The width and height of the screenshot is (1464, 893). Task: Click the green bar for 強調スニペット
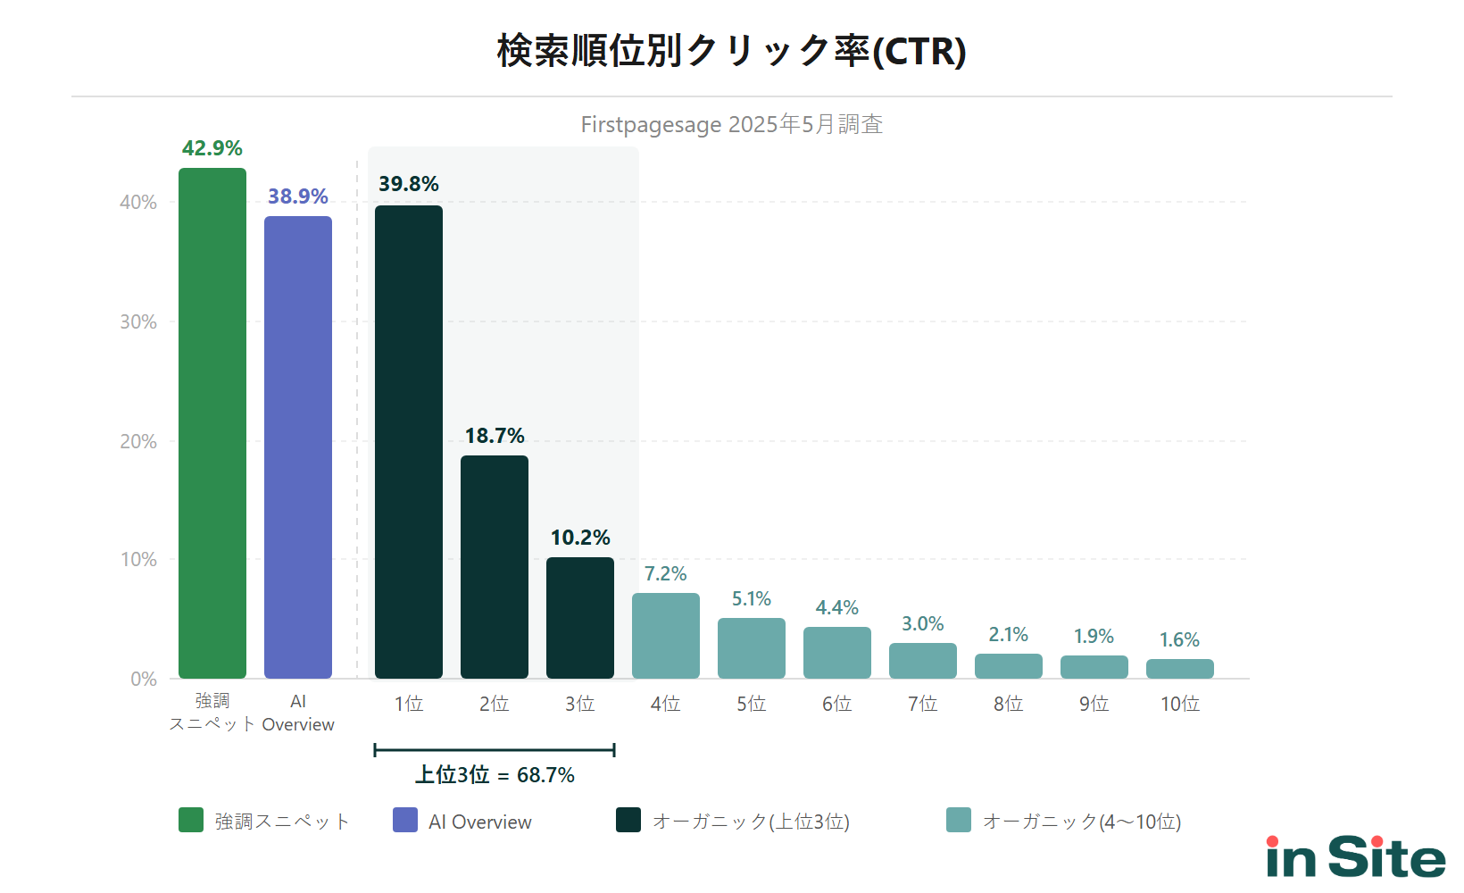click(212, 423)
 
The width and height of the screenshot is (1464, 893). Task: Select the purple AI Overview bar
click(298, 446)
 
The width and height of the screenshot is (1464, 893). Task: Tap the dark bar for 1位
click(409, 442)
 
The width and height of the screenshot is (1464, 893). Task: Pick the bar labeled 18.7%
click(495, 567)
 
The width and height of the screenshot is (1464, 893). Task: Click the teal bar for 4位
click(666, 636)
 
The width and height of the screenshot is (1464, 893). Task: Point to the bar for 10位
click(1180, 669)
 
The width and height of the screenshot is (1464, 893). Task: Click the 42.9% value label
click(212, 148)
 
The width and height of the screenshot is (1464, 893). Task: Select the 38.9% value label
click(298, 196)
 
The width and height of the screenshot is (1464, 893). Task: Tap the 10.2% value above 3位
click(580, 538)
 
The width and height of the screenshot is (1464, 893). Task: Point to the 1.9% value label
click(1094, 637)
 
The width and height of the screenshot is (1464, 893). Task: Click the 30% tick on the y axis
click(138, 321)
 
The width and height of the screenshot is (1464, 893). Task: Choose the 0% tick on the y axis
click(144, 679)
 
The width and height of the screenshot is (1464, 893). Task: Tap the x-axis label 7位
click(922, 704)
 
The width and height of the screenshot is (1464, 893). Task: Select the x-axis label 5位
click(751, 704)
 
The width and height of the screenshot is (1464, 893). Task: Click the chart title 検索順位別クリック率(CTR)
click(731, 51)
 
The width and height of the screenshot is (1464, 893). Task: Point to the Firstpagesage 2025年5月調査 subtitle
click(731, 124)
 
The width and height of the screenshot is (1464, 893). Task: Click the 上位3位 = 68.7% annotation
click(495, 774)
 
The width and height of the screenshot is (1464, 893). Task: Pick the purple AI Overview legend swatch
click(405, 820)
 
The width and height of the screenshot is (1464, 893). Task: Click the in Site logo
click(1355, 857)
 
